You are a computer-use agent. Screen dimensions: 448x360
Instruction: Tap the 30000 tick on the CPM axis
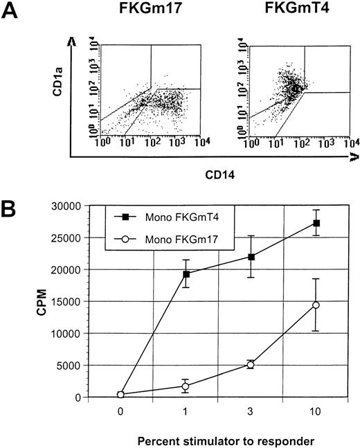[x=80, y=206]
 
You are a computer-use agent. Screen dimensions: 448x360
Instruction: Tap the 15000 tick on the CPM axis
[x=80, y=301]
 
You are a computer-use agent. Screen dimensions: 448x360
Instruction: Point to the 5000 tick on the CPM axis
[x=83, y=365]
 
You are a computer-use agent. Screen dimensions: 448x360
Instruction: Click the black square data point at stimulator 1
[x=186, y=274]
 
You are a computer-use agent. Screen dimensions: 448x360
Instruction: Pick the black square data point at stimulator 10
[x=316, y=223]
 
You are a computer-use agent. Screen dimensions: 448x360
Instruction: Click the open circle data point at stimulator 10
[x=316, y=305]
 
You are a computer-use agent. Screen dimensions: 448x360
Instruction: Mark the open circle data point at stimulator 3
[x=251, y=364]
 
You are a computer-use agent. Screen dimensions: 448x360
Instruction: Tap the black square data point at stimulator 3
[x=251, y=257]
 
